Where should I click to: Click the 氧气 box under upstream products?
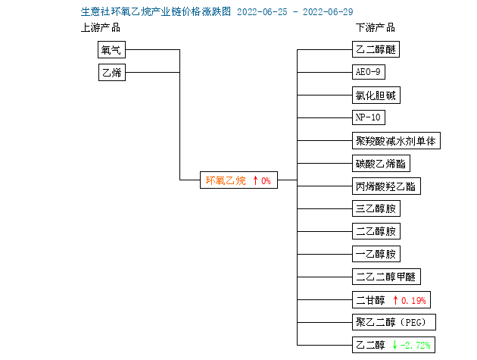(x=111, y=50)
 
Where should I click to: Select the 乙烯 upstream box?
(x=112, y=72)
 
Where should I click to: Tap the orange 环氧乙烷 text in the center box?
(x=226, y=180)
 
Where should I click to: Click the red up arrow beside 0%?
(x=256, y=180)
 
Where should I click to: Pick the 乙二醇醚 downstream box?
(x=376, y=49)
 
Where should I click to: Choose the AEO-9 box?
(x=369, y=72)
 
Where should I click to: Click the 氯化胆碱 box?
(x=376, y=95)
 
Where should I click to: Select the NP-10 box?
(x=369, y=117)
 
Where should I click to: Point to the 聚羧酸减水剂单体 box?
(x=396, y=141)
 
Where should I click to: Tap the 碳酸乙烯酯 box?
(x=381, y=164)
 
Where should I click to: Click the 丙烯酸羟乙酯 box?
(x=386, y=186)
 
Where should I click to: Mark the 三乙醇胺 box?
(x=376, y=208)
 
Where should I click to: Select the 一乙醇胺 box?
(x=376, y=254)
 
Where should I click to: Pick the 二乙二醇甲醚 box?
(x=386, y=277)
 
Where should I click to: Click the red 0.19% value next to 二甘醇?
(x=413, y=301)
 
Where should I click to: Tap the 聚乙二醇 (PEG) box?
(x=394, y=322)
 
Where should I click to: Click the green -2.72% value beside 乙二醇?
(x=415, y=345)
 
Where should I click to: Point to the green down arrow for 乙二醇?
(x=395, y=345)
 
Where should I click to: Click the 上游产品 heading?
(x=101, y=28)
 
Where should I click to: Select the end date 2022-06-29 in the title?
(x=328, y=12)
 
